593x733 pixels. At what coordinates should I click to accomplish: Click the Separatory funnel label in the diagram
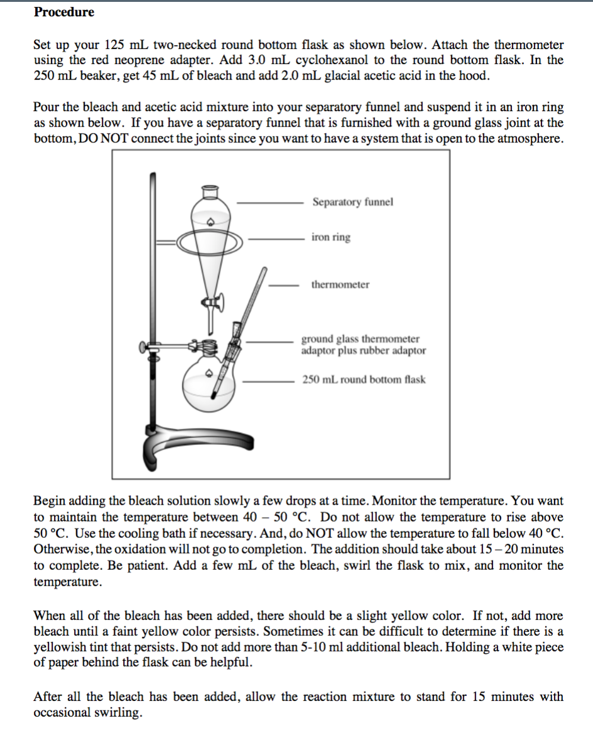pyautogui.click(x=352, y=202)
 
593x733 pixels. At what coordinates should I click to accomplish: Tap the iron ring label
pyautogui.click(x=331, y=237)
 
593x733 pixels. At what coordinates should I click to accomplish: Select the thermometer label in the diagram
pyautogui.click(x=340, y=284)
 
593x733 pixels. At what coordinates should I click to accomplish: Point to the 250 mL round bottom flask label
pyautogui.click(x=364, y=380)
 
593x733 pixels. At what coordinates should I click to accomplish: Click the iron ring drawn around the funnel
pyautogui.click(x=210, y=240)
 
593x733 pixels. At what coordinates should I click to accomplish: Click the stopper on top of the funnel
pyautogui.click(x=210, y=188)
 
